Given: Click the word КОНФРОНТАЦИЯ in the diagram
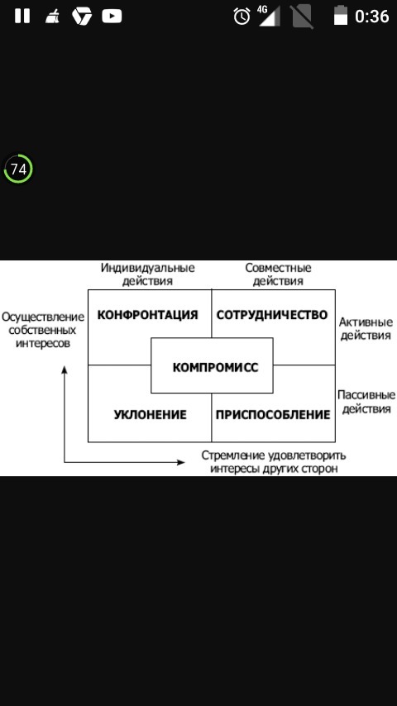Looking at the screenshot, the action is pyautogui.click(x=147, y=314).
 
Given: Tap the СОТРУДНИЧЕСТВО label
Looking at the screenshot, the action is pyautogui.click(x=272, y=314).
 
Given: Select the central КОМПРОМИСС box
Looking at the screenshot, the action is pyautogui.click(x=212, y=365).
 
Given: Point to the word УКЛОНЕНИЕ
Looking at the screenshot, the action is pyautogui.click(x=150, y=414).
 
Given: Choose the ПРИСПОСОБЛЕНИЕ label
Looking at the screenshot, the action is pyautogui.click(x=273, y=414).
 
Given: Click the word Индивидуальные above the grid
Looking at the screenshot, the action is pyautogui.click(x=148, y=268).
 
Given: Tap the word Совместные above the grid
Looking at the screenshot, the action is pyautogui.click(x=278, y=268).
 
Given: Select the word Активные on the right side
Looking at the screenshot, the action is pyautogui.click(x=366, y=322).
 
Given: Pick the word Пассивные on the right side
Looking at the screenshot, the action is pyautogui.click(x=366, y=395).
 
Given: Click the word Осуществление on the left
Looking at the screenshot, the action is pyautogui.click(x=43, y=317).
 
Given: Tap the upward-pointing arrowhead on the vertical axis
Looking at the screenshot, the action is pyautogui.click(x=65, y=370).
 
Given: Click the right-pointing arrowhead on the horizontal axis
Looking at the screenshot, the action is pyautogui.click(x=180, y=462).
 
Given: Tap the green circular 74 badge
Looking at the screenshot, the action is pyautogui.click(x=18, y=169).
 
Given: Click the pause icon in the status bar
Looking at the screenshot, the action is pyautogui.click(x=22, y=17).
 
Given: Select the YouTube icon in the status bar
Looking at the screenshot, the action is pyautogui.click(x=112, y=17).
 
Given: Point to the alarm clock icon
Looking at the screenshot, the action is pyautogui.click(x=242, y=17).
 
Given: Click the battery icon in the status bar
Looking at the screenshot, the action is pyautogui.click(x=341, y=16).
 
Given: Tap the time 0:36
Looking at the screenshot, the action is pyautogui.click(x=371, y=17).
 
